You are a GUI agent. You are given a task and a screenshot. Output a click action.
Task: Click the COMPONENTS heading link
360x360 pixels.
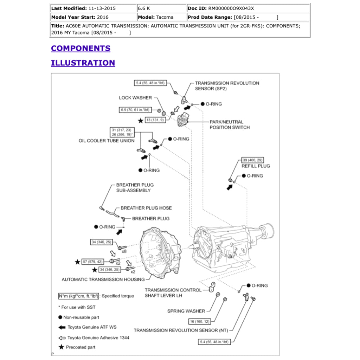(x=81, y=49)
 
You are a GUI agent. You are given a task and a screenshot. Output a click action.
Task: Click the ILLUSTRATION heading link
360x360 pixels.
(x=83, y=63)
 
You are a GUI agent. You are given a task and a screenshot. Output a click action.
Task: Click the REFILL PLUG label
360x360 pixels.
(x=256, y=166)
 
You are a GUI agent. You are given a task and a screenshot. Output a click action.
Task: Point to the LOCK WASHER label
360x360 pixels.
(x=135, y=98)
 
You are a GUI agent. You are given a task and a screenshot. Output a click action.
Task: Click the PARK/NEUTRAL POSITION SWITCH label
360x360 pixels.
(x=230, y=124)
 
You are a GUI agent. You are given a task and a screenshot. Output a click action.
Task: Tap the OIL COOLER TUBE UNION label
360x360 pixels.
(x=107, y=141)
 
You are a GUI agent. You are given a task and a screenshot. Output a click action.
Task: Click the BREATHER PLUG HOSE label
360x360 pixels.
(x=146, y=208)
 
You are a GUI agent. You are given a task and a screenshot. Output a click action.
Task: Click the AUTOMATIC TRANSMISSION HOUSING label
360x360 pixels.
(x=103, y=279)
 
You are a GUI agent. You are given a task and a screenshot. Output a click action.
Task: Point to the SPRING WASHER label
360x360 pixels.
(x=186, y=311)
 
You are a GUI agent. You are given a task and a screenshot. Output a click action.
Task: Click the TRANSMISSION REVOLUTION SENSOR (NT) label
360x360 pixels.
(x=181, y=330)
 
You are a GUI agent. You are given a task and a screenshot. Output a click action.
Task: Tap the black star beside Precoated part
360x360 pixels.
(x=62, y=347)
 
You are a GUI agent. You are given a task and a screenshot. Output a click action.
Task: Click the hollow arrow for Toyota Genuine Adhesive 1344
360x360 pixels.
(x=62, y=337)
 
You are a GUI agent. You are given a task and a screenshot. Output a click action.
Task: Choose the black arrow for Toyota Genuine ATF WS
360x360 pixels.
(x=62, y=327)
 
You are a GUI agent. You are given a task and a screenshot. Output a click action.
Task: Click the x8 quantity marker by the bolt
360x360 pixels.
(x=124, y=251)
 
